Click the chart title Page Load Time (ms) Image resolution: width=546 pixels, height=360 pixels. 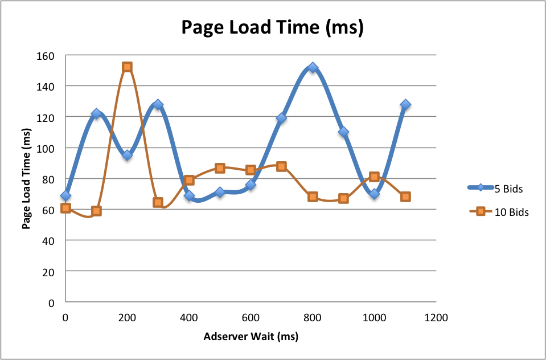[x=272, y=27]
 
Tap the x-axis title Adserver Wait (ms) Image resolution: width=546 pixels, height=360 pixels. [x=251, y=336]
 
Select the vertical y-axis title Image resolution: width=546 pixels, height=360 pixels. [x=26, y=178]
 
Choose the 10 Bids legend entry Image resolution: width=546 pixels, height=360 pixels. [x=498, y=212]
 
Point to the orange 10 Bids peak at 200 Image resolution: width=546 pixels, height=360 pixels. [x=127, y=67]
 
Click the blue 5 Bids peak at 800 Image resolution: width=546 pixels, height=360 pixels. [x=313, y=68]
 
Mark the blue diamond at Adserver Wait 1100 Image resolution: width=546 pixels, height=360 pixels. [x=405, y=105]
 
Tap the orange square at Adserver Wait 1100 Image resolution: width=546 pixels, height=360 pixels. [x=405, y=197]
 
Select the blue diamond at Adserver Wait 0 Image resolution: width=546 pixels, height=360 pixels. [x=65, y=196]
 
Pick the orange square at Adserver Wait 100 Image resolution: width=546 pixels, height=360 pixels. [x=96, y=211]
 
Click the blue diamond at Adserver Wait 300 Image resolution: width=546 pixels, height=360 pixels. [x=158, y=105]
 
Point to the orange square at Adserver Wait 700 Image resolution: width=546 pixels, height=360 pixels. [x=281, y=166]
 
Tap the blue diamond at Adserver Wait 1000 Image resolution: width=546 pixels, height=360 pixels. [x=374, y=194]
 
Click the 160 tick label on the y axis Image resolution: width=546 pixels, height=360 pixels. [x=46, y=56]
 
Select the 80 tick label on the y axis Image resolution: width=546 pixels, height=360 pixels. [x=48, y=179]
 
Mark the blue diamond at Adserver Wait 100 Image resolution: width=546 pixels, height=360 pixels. [x=96, y=114]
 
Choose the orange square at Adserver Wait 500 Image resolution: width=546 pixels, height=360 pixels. [x=220, y=168]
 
